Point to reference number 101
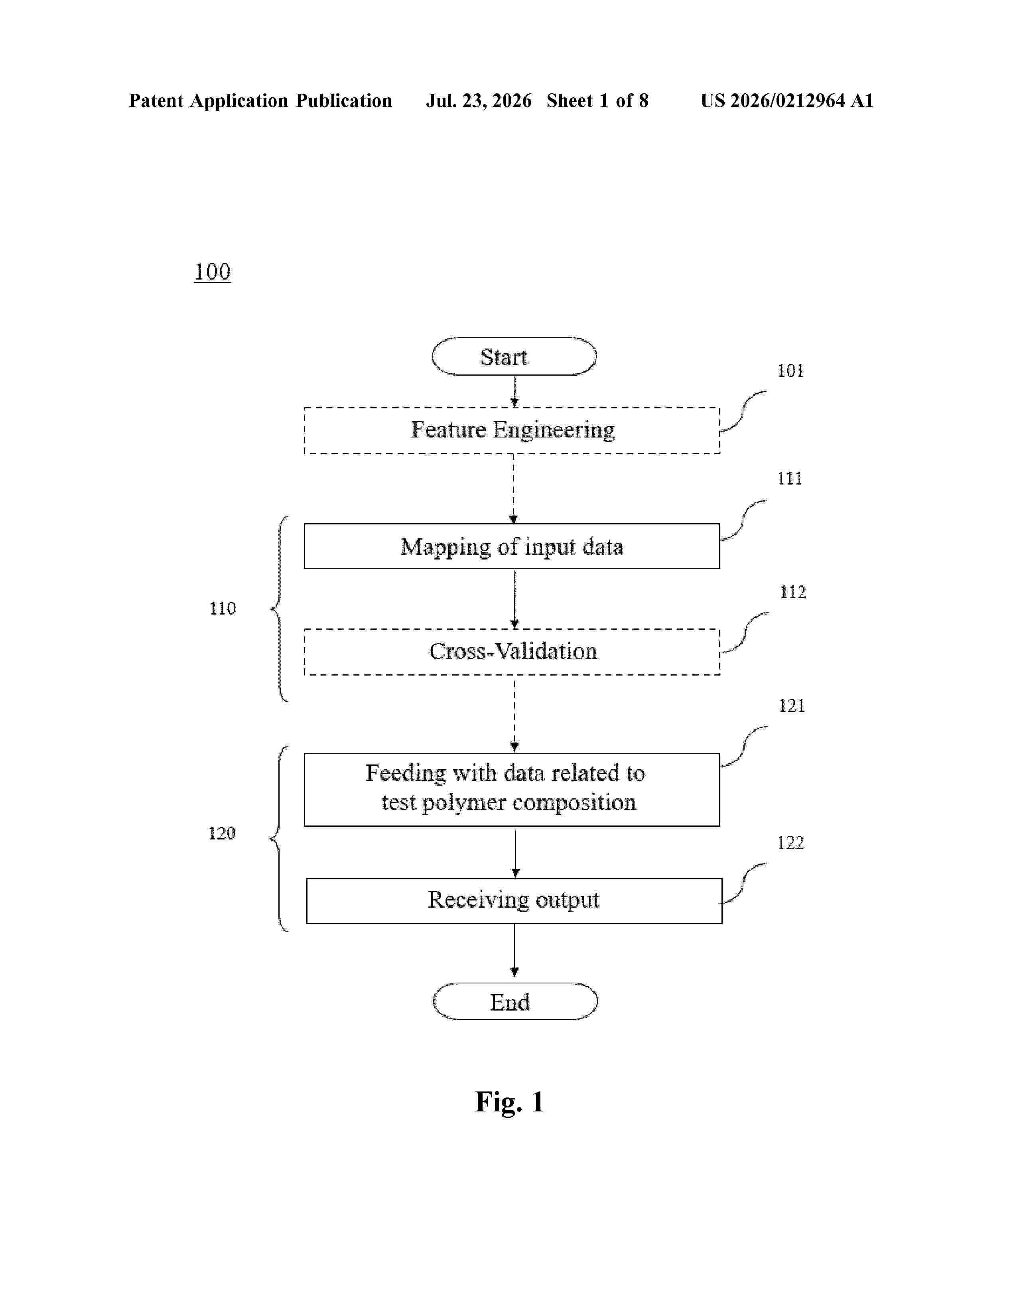[x=790, y=370]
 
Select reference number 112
[x=792, y=592]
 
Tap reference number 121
[x=792, y=705]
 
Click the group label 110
[x=222, y=608]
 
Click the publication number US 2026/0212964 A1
[x=787, y=100]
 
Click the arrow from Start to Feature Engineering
[x=514, y=392]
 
